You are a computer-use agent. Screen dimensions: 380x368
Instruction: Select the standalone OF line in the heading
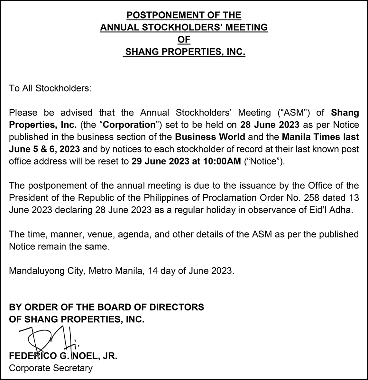tap(184, 39)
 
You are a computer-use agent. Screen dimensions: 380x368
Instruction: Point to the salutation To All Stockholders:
tap(50, 88)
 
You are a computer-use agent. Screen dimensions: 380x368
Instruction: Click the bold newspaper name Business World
tap(210, 137)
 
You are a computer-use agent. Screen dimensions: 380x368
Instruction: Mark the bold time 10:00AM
tap(222, 161)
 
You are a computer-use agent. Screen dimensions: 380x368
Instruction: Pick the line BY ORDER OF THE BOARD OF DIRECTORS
tap(106, 307)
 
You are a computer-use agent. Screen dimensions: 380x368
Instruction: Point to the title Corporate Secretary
tap(51, 368)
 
